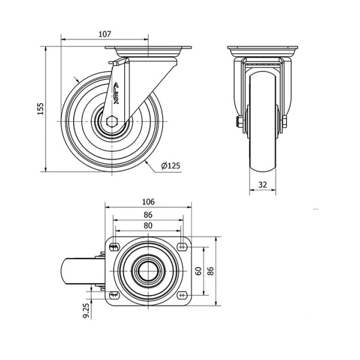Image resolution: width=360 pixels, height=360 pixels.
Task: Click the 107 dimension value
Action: pyautogui.click(x=104, y=34)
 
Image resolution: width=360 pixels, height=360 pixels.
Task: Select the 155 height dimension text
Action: pyautogui.click(x=41, y=109)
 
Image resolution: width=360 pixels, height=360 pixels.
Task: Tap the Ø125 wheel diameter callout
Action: pyautogui.click(x=170, y=166)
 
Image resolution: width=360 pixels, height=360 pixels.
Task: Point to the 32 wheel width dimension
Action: pyautogui.click(x=263, y=184)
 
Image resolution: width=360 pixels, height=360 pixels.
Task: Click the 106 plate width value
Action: pyautogui.click(x=148, y=202)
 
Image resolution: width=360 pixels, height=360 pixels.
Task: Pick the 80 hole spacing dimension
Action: pyautogui.click(x=148, y=226)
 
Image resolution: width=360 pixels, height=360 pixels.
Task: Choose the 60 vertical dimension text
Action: pyautogui.click(x=199, y=271)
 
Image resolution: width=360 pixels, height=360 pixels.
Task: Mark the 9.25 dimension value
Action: pyautogui.click(x=86, y=310)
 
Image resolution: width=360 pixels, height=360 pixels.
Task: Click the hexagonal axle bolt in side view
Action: pyautogui.click(x=112, y=121)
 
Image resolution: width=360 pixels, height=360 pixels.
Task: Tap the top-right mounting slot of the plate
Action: pyautogui.click(x=182, y=247)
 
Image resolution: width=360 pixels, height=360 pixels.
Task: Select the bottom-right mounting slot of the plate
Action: pyautogui.click(x=182, y=295)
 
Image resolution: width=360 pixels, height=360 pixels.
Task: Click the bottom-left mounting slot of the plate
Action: pyautogui.click(x=114, y=295)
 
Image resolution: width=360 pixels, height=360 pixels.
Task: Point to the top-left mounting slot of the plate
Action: pyautogui.click(x=114, y=247)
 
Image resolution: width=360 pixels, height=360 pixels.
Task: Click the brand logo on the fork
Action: pyautogui.click(x=116, y=94)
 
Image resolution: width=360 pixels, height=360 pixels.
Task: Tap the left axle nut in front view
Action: pyautogui.click(x=239, y=122)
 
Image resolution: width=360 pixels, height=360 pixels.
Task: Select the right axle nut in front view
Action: pyautogui.click(x=284, y=122)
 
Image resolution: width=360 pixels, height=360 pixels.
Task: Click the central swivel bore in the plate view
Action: pyautogui.click(x=148, y=271)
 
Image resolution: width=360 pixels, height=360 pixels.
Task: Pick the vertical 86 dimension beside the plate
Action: pyautogui.click(x=211, y=271)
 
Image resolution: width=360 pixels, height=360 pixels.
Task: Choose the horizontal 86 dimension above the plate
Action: pyautogui.click(x=148, y=215)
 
